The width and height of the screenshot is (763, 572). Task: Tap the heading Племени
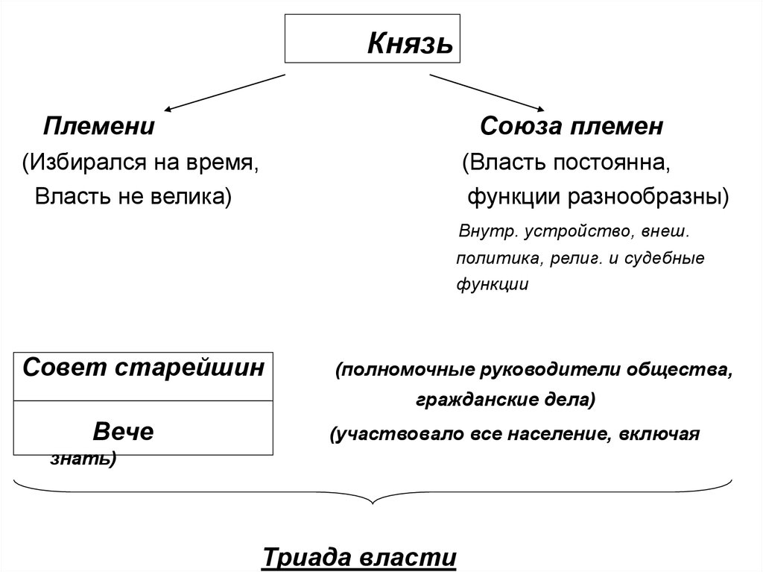click(x=98, y=126)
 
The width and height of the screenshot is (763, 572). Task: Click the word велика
click(x=189, y=197)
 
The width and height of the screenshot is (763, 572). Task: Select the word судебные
click(x=666, y=258)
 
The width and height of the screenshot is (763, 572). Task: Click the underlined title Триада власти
click(x=359, y=558)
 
